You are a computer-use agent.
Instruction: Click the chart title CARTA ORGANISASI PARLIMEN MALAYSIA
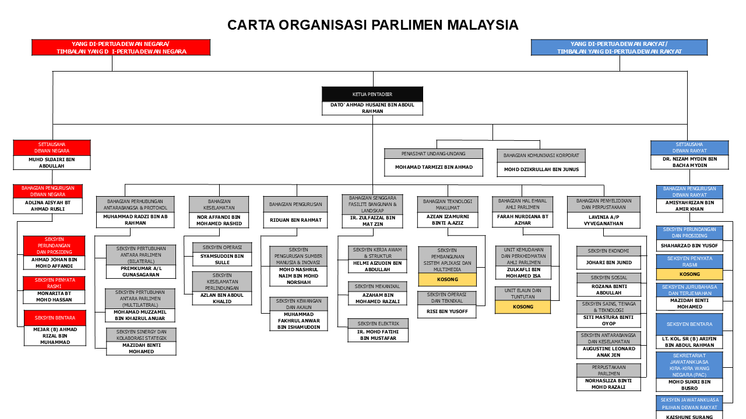click(372, 25)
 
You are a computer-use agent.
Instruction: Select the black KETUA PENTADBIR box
click(372, 94)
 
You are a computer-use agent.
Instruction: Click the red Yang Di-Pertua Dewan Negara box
click(121, 48)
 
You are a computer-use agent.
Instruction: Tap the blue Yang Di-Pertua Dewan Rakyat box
click(619, 48)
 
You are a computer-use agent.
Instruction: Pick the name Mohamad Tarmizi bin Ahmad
click(434, 167)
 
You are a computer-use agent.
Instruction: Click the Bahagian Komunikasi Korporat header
click(541, 155)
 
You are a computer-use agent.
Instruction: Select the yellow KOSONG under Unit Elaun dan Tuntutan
click(523, 307)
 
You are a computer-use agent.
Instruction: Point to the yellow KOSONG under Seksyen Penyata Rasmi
click(689, 274)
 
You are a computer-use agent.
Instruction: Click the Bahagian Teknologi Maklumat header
click(448, 204)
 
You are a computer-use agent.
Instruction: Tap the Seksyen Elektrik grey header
click(377, 323)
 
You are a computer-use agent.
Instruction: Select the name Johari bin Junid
click(608, 263)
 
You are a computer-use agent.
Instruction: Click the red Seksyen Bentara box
click(54, 318)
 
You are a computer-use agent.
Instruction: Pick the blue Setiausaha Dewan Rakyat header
click(689, 148)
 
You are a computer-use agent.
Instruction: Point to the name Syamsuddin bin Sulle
click(222, 259)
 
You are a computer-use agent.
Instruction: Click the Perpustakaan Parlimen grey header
click(608, 370)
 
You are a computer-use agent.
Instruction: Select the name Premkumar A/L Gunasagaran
click(140, 272)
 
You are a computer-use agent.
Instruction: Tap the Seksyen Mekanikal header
click(377, 286)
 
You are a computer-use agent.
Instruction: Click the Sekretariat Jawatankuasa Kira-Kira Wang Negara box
click(689, 365)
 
